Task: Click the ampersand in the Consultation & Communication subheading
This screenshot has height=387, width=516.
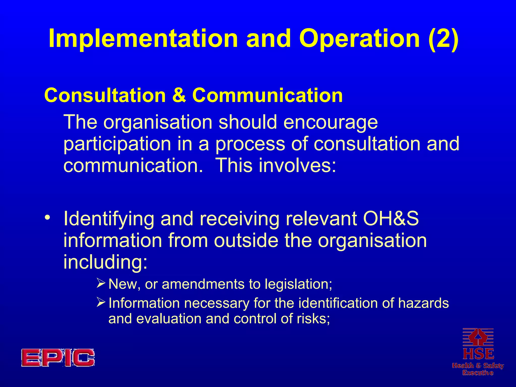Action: click(179, 95)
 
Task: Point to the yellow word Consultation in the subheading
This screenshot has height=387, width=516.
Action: click(105, 95)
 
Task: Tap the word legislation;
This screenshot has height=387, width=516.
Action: click(298, 284)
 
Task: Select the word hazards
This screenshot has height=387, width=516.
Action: click(423, 303)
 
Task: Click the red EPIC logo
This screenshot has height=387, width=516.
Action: click(58, 358)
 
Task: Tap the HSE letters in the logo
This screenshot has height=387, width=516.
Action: click(478, 354)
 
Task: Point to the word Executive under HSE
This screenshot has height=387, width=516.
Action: click(478, 373)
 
